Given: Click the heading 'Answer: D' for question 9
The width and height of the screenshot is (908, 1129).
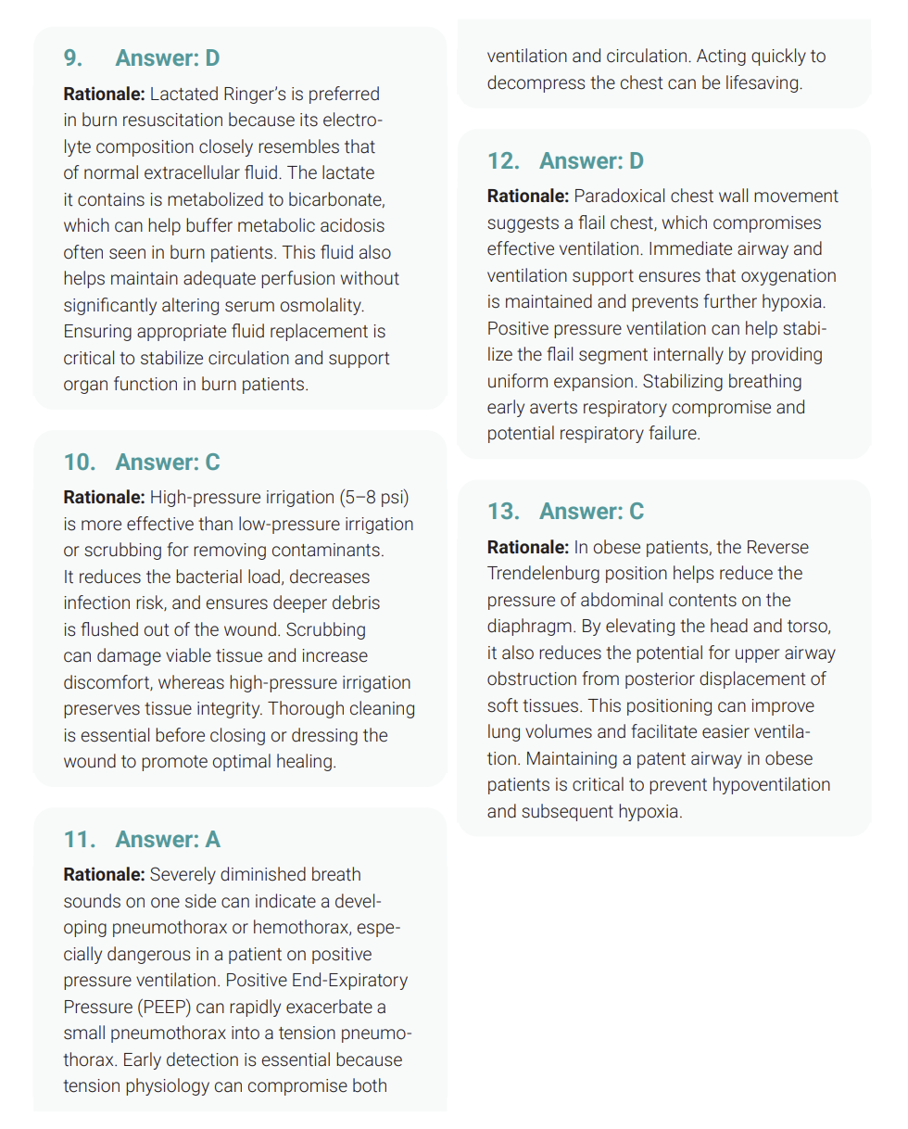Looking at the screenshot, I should pyautogui.click(x=167, y=57).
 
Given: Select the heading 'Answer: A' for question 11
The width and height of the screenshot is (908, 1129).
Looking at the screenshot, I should pyautogui.click(x=167, y=839).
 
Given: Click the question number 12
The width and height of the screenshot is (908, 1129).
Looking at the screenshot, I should pyautogui.click(x=502, y=161).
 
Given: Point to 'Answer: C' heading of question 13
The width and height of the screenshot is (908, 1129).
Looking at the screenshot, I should pyautogui.click(x=591, y=512).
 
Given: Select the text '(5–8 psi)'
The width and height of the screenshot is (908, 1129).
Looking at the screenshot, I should pyautogui.click(x=372, y=498).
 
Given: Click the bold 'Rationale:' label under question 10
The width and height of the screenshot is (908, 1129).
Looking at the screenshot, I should pyautogui.click(x=104, y=498).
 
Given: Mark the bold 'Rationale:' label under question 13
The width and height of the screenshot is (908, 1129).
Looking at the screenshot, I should pyautogui.click(x=528, y=547).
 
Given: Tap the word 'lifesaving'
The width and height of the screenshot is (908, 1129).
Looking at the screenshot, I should pyautogui.click(x=757, y=83).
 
